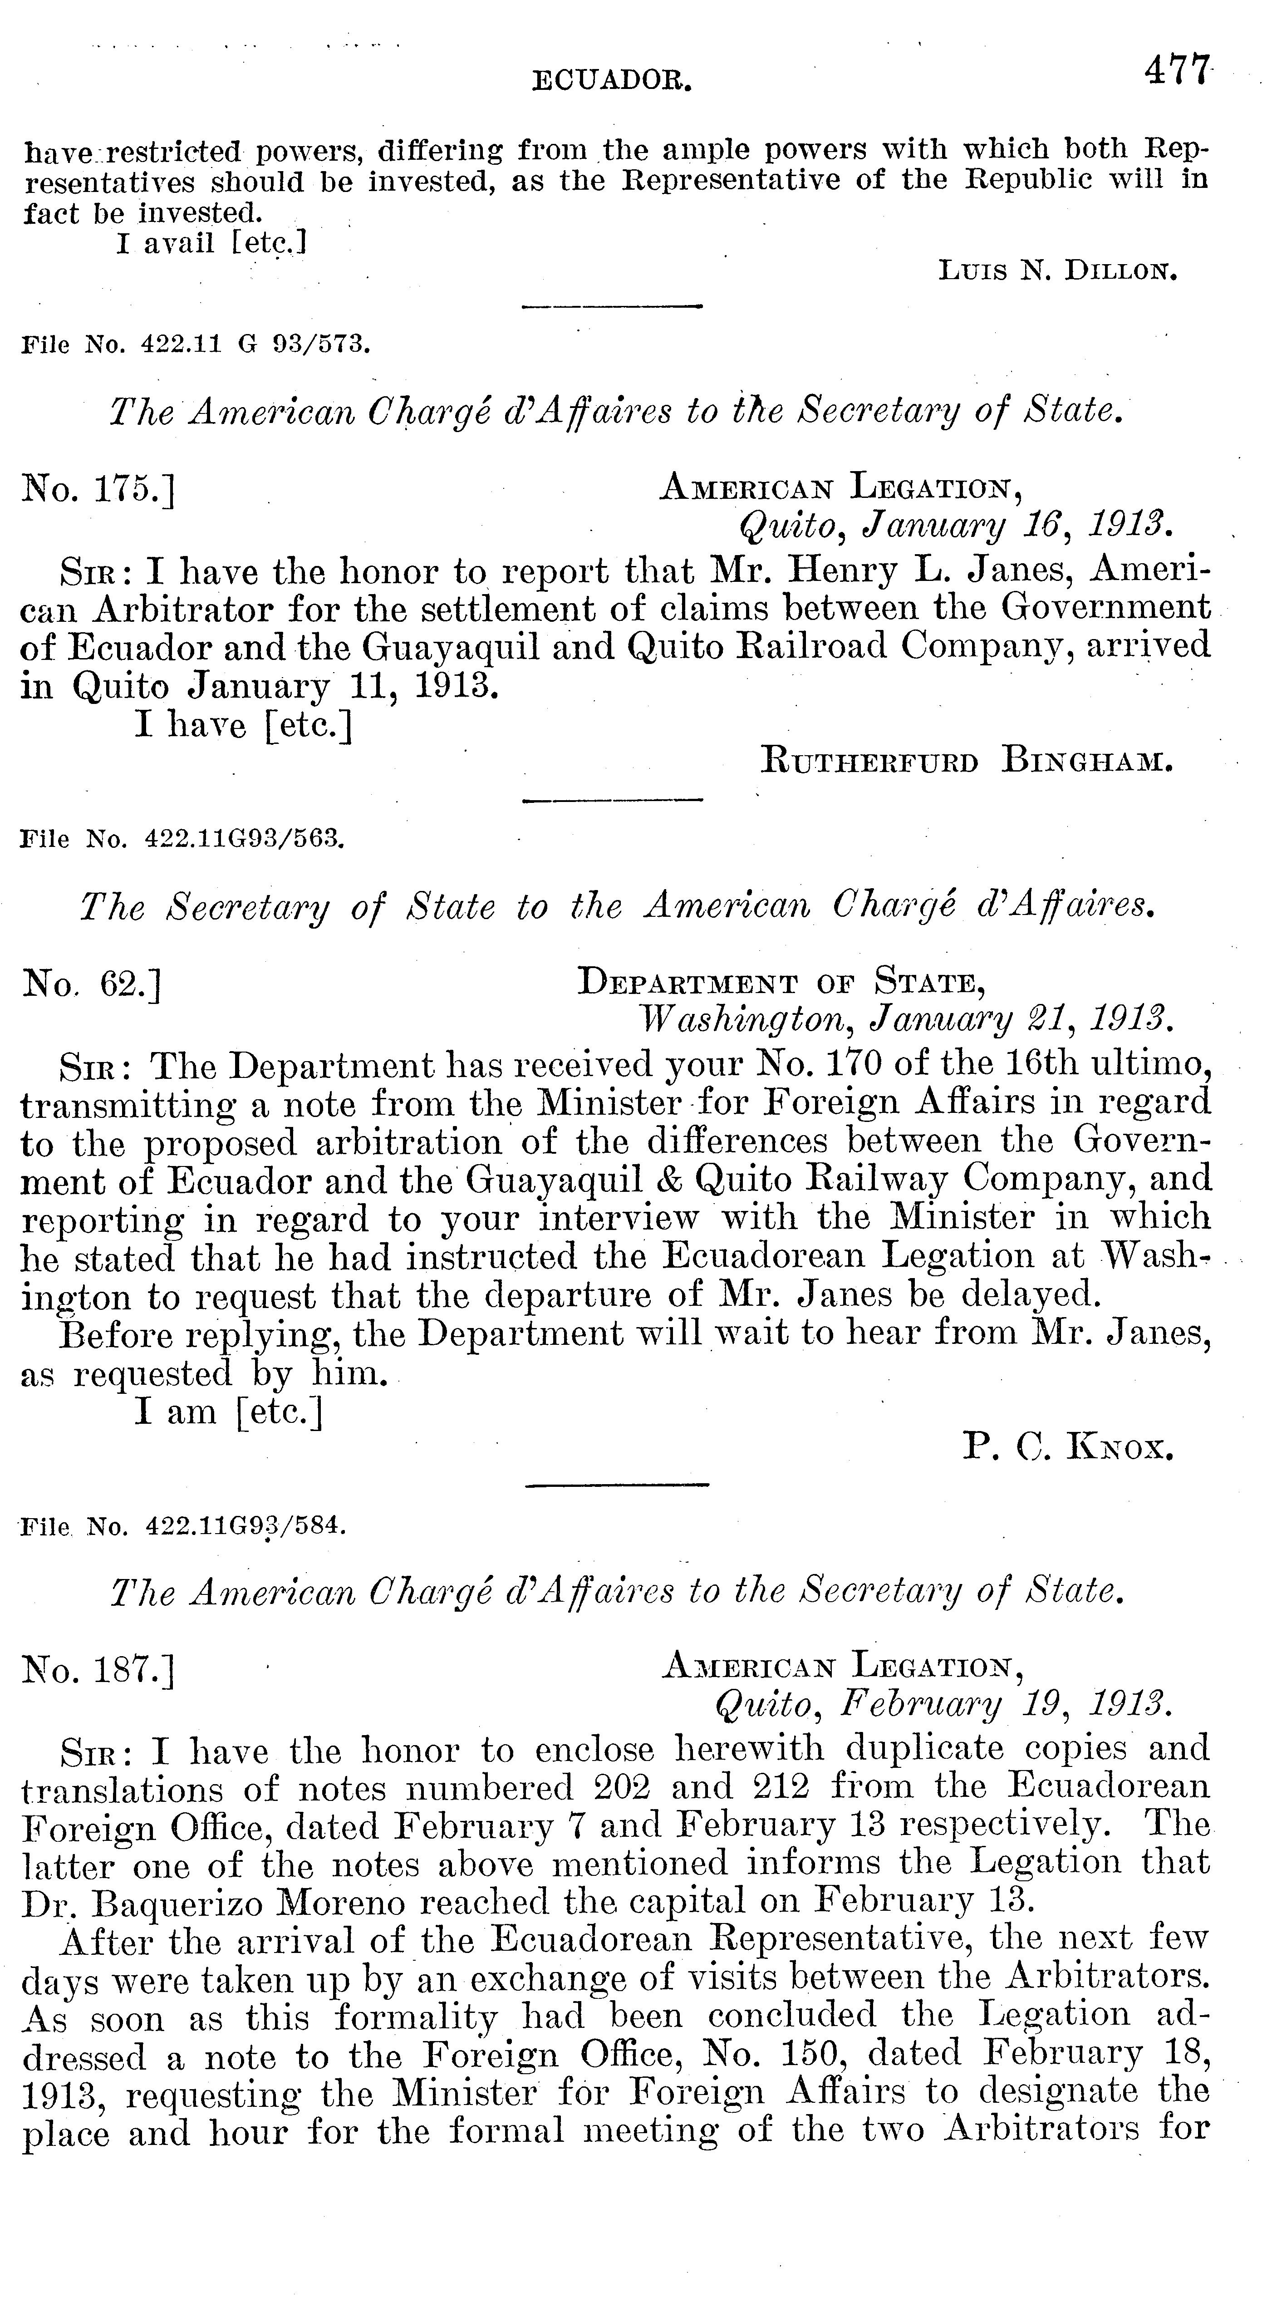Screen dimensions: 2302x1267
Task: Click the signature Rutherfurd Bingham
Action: pyautogui.click(x=966, y=762)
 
